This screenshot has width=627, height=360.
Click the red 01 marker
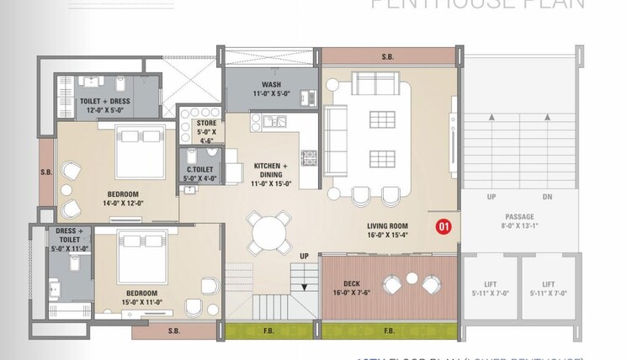click(x=443, y=225)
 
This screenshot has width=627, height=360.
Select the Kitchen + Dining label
click(x=271, y=171)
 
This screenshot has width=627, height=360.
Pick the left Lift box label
click(x=487, y=289)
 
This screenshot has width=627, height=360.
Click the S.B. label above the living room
click(x=387, y=57)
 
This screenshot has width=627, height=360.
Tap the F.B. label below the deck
click(x=389, y=331)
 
